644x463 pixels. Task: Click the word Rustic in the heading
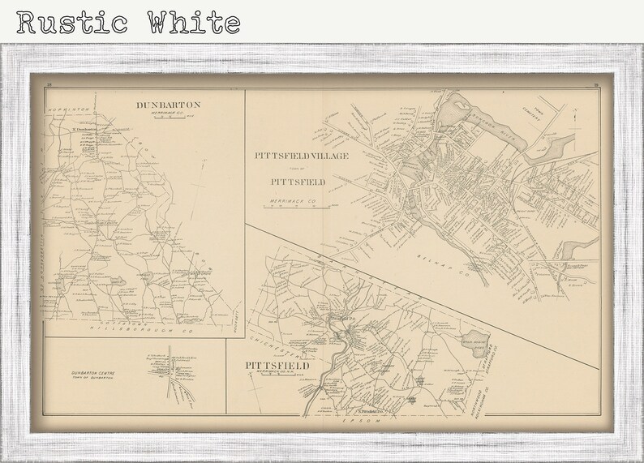tap(69, 22)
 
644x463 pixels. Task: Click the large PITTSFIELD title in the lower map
tap(278, 366)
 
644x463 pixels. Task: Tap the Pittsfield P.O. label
tap(337, 319)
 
